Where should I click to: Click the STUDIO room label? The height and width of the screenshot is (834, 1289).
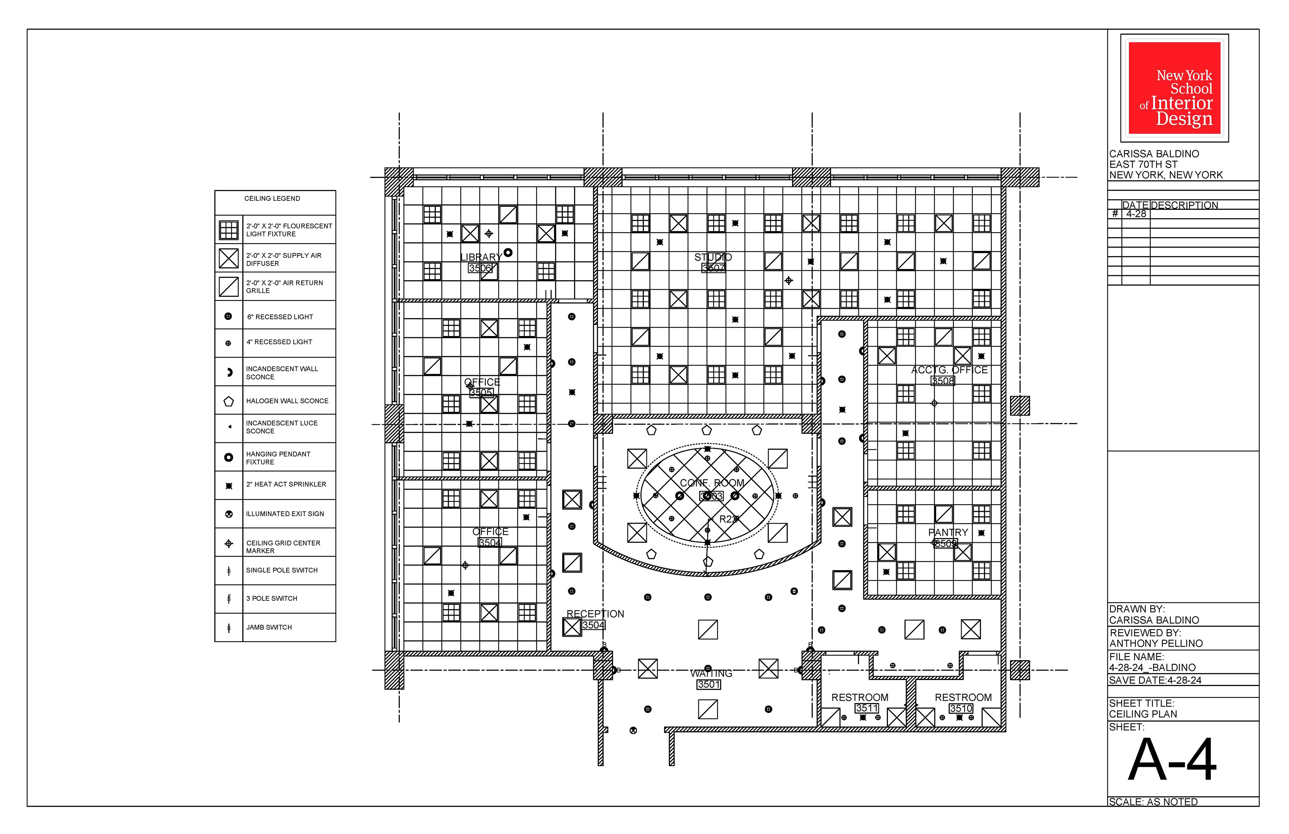tap(713, 257)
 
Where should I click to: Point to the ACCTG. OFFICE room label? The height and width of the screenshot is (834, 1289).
tap(949, 370)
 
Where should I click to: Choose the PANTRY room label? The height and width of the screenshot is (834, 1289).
tap(948, 532)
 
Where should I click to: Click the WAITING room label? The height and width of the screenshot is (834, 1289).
tap(711, 673)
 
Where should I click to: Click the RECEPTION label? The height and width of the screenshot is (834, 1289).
tap(595, 614)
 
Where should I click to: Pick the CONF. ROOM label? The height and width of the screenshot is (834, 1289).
tap(712, 483)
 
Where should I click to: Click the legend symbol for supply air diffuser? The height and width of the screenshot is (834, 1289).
tap(229, 258)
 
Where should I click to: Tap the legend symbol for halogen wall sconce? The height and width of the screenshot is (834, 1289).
tap(229, 401)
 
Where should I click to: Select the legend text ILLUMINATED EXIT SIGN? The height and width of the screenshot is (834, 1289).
tap(285, 513)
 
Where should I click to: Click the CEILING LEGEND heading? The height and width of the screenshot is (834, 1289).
tap(272, 198)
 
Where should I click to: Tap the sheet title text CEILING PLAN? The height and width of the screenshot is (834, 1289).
tap(1143, 714)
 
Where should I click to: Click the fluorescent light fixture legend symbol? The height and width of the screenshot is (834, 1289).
tap(229, 230)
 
